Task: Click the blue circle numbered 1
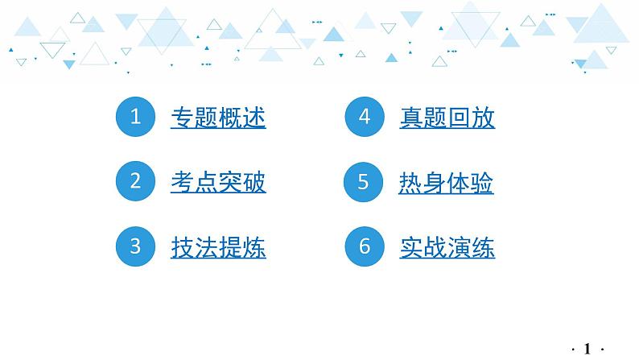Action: [x=136, y=118]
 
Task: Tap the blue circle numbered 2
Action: [x=136, y=182]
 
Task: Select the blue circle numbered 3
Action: [x=136, y=246]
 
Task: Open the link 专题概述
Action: [x=218, y=118]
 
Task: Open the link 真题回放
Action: [x=447, y=118]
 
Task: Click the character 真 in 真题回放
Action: [x=411, y=118]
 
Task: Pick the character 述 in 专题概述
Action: [x=254, y=118]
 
